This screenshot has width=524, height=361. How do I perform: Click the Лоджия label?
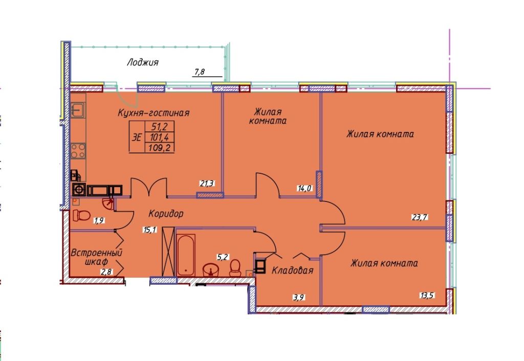click(143, 62)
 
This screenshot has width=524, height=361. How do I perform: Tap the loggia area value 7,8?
click(199, 72)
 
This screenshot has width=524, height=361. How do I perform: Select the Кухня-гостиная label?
click(154, 113)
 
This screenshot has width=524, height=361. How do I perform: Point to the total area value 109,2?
click(160, 147)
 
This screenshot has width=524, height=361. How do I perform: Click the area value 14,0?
click(304, 188)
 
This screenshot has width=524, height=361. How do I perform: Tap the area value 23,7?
click(419, 217)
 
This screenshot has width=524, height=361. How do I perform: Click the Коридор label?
click(166, 213)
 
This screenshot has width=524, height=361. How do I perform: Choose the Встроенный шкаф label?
click(96, 257)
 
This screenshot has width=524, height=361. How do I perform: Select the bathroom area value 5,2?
click(223, 257)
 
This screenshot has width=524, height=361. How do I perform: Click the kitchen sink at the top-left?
click(78, 109)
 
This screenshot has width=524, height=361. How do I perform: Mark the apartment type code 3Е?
click(137, 137)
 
